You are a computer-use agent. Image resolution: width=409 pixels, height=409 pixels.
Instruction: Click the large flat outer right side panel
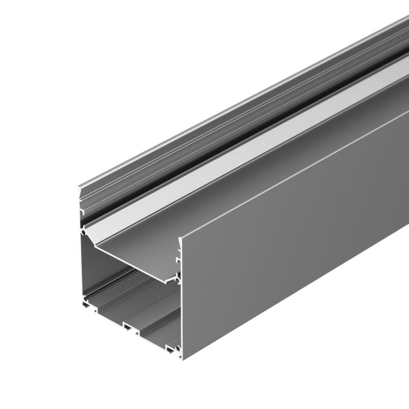click(286, 239)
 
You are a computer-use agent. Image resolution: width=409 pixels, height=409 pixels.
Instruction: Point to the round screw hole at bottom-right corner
click(179, 348)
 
